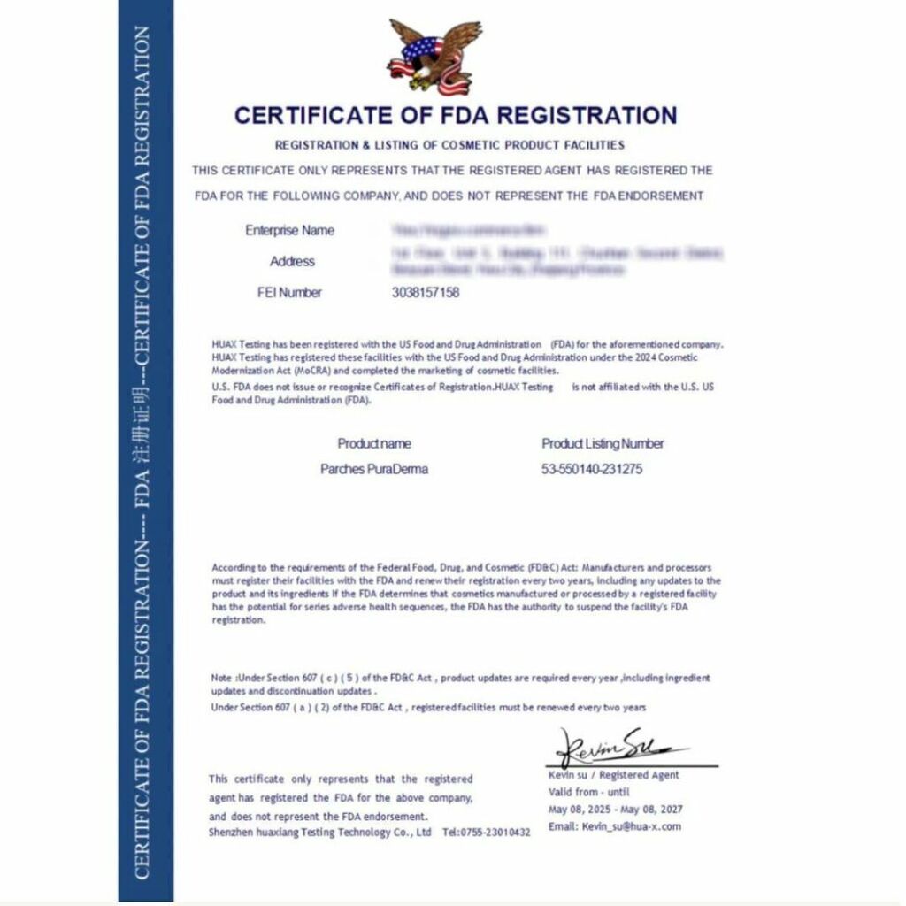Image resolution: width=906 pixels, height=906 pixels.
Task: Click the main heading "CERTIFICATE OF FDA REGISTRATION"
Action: point(456,115)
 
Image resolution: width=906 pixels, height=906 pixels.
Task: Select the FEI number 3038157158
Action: point(426,293)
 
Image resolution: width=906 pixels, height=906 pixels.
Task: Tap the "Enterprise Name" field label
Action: point(289,231)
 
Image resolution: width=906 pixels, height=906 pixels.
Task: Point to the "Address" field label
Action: point(292,262)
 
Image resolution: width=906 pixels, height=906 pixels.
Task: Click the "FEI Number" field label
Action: point(289,293)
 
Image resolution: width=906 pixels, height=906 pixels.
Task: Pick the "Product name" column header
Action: point(374,444)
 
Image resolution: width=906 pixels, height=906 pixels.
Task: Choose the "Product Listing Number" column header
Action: point(603,444)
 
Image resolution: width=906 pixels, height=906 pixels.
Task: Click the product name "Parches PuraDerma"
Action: point(374,470)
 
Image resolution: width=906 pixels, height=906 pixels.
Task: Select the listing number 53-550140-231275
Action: point(592,470)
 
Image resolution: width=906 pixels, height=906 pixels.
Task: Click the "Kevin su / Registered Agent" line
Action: point(614,775)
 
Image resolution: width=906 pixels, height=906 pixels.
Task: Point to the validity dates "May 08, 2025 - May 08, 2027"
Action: point(616,810)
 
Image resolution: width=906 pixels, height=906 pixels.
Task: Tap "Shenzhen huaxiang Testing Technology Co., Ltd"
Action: point(320,833)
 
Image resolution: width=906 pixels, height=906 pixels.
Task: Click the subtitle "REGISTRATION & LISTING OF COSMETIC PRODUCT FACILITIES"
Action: point(449,144)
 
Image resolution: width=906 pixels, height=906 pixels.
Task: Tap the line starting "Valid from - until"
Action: point(589,792)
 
